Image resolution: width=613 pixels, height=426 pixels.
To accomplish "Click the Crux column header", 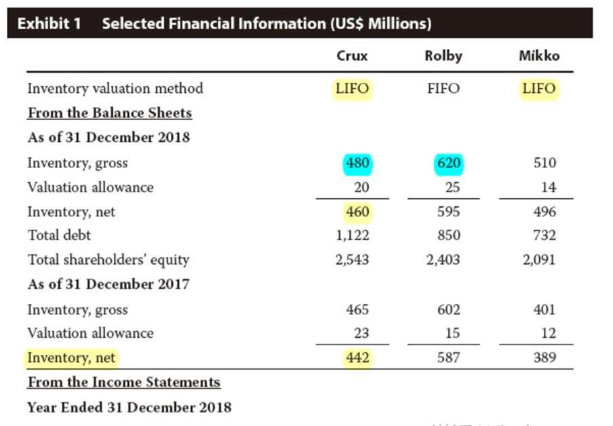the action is point(352,56).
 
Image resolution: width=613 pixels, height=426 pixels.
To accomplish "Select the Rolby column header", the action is point(443,56).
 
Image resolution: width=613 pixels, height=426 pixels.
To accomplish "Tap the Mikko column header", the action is point(539,56).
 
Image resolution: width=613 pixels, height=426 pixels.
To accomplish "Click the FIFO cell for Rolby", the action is point(443,88).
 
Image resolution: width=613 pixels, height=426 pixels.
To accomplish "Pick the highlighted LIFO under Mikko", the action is point(539,88).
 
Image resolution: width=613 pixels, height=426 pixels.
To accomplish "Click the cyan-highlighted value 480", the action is point(358,163).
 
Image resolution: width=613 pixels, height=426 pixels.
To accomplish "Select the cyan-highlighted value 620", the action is point(449,163).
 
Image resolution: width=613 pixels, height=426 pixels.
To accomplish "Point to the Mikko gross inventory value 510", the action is point(545,163).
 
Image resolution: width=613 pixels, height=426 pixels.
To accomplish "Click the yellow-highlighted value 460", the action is point(358,212).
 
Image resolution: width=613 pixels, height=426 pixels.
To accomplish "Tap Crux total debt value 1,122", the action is point(352,235).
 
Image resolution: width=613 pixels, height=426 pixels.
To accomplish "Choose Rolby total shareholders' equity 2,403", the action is point(443,260).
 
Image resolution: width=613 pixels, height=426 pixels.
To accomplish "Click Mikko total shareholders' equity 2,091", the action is point(539,260).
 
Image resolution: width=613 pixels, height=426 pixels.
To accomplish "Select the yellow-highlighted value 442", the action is point(358,357).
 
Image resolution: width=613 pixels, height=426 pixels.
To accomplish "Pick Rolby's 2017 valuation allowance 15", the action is point(453,333).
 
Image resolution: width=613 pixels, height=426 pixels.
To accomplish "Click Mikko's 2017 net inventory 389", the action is point(545,357).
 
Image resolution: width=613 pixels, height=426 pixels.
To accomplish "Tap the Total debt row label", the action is point(59,235).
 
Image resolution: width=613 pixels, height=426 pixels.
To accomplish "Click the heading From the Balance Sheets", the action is point(110,113).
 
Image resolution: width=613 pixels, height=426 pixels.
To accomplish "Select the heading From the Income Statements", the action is point(124,382).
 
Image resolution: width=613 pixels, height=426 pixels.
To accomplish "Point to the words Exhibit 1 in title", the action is point(50,24).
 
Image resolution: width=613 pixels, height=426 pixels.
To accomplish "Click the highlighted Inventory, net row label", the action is point(71,358).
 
